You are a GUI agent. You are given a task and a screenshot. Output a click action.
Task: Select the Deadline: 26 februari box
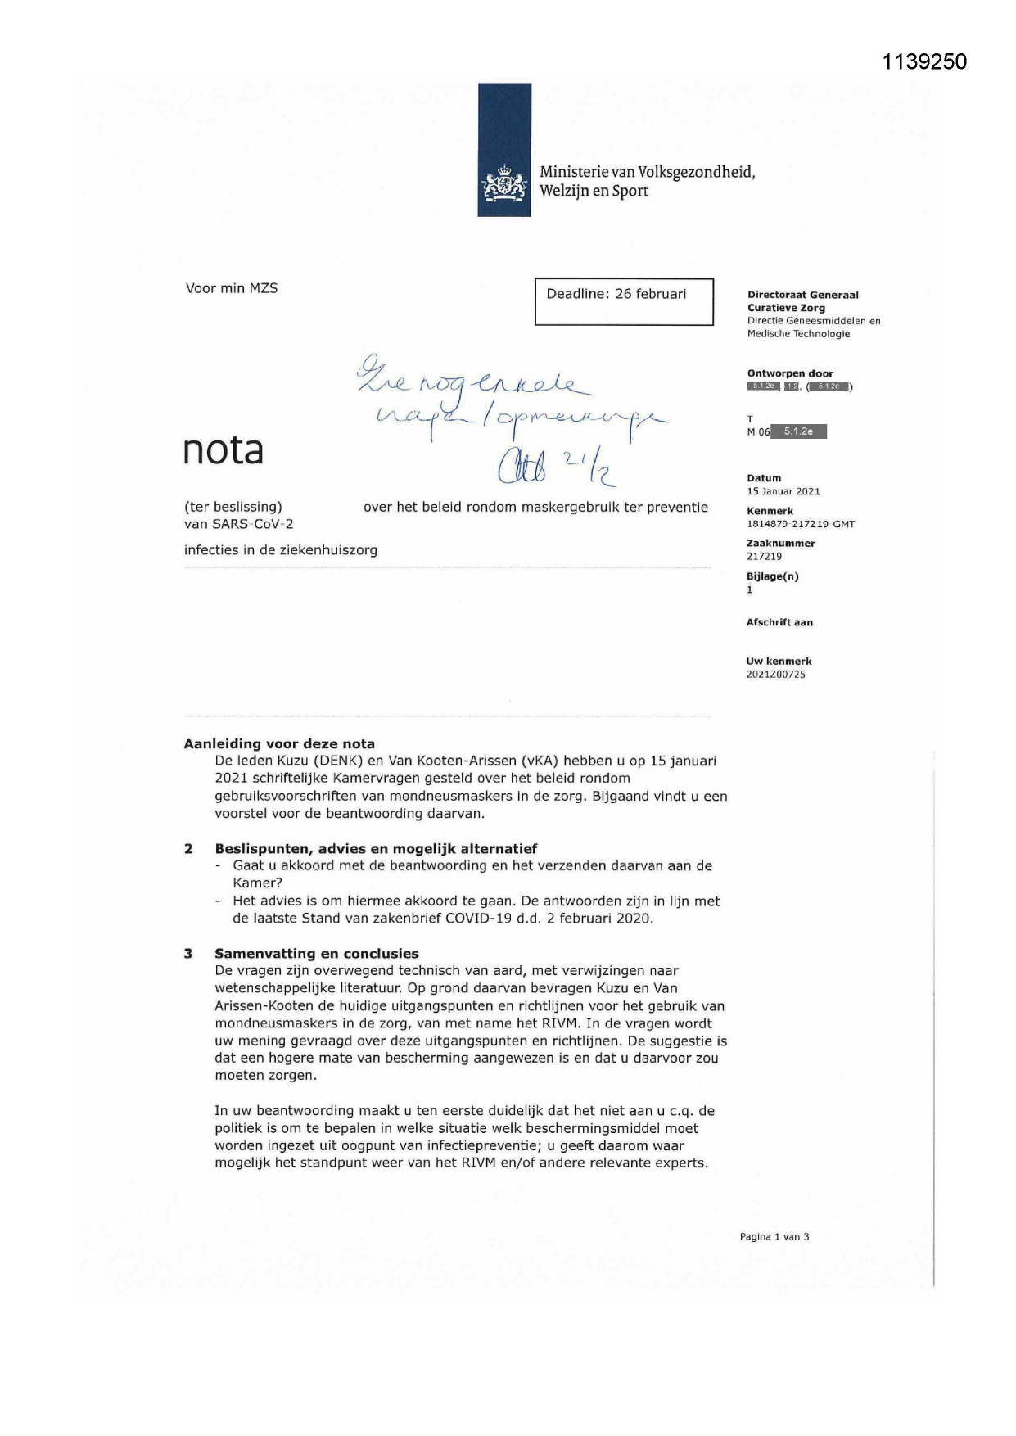click(624, 301)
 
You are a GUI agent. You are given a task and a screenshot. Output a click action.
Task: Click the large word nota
click(224, 450)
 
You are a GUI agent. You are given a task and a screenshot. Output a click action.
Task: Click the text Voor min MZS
click(232, 288)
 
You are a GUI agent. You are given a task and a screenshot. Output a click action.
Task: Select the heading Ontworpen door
click(790, 373)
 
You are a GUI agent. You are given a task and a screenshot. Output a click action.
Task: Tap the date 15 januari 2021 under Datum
click(783, 491)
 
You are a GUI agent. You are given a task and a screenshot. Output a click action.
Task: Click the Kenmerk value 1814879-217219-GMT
click(800, 524)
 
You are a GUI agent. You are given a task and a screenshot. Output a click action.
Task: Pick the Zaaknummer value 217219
click(764, 557)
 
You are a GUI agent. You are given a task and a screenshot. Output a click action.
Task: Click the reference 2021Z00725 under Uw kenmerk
click(775, 675)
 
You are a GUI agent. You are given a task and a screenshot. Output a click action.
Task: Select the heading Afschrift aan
click(779, 622)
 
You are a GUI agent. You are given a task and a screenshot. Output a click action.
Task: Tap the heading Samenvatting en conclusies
click(317, 953)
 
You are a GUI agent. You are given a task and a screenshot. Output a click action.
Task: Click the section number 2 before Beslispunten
click(189, 849)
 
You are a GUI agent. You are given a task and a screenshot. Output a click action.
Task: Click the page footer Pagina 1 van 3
click(774, 1237)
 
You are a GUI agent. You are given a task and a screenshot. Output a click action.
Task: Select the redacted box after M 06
click(799, 431)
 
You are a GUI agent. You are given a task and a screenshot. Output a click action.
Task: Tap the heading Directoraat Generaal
click(802, 295)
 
